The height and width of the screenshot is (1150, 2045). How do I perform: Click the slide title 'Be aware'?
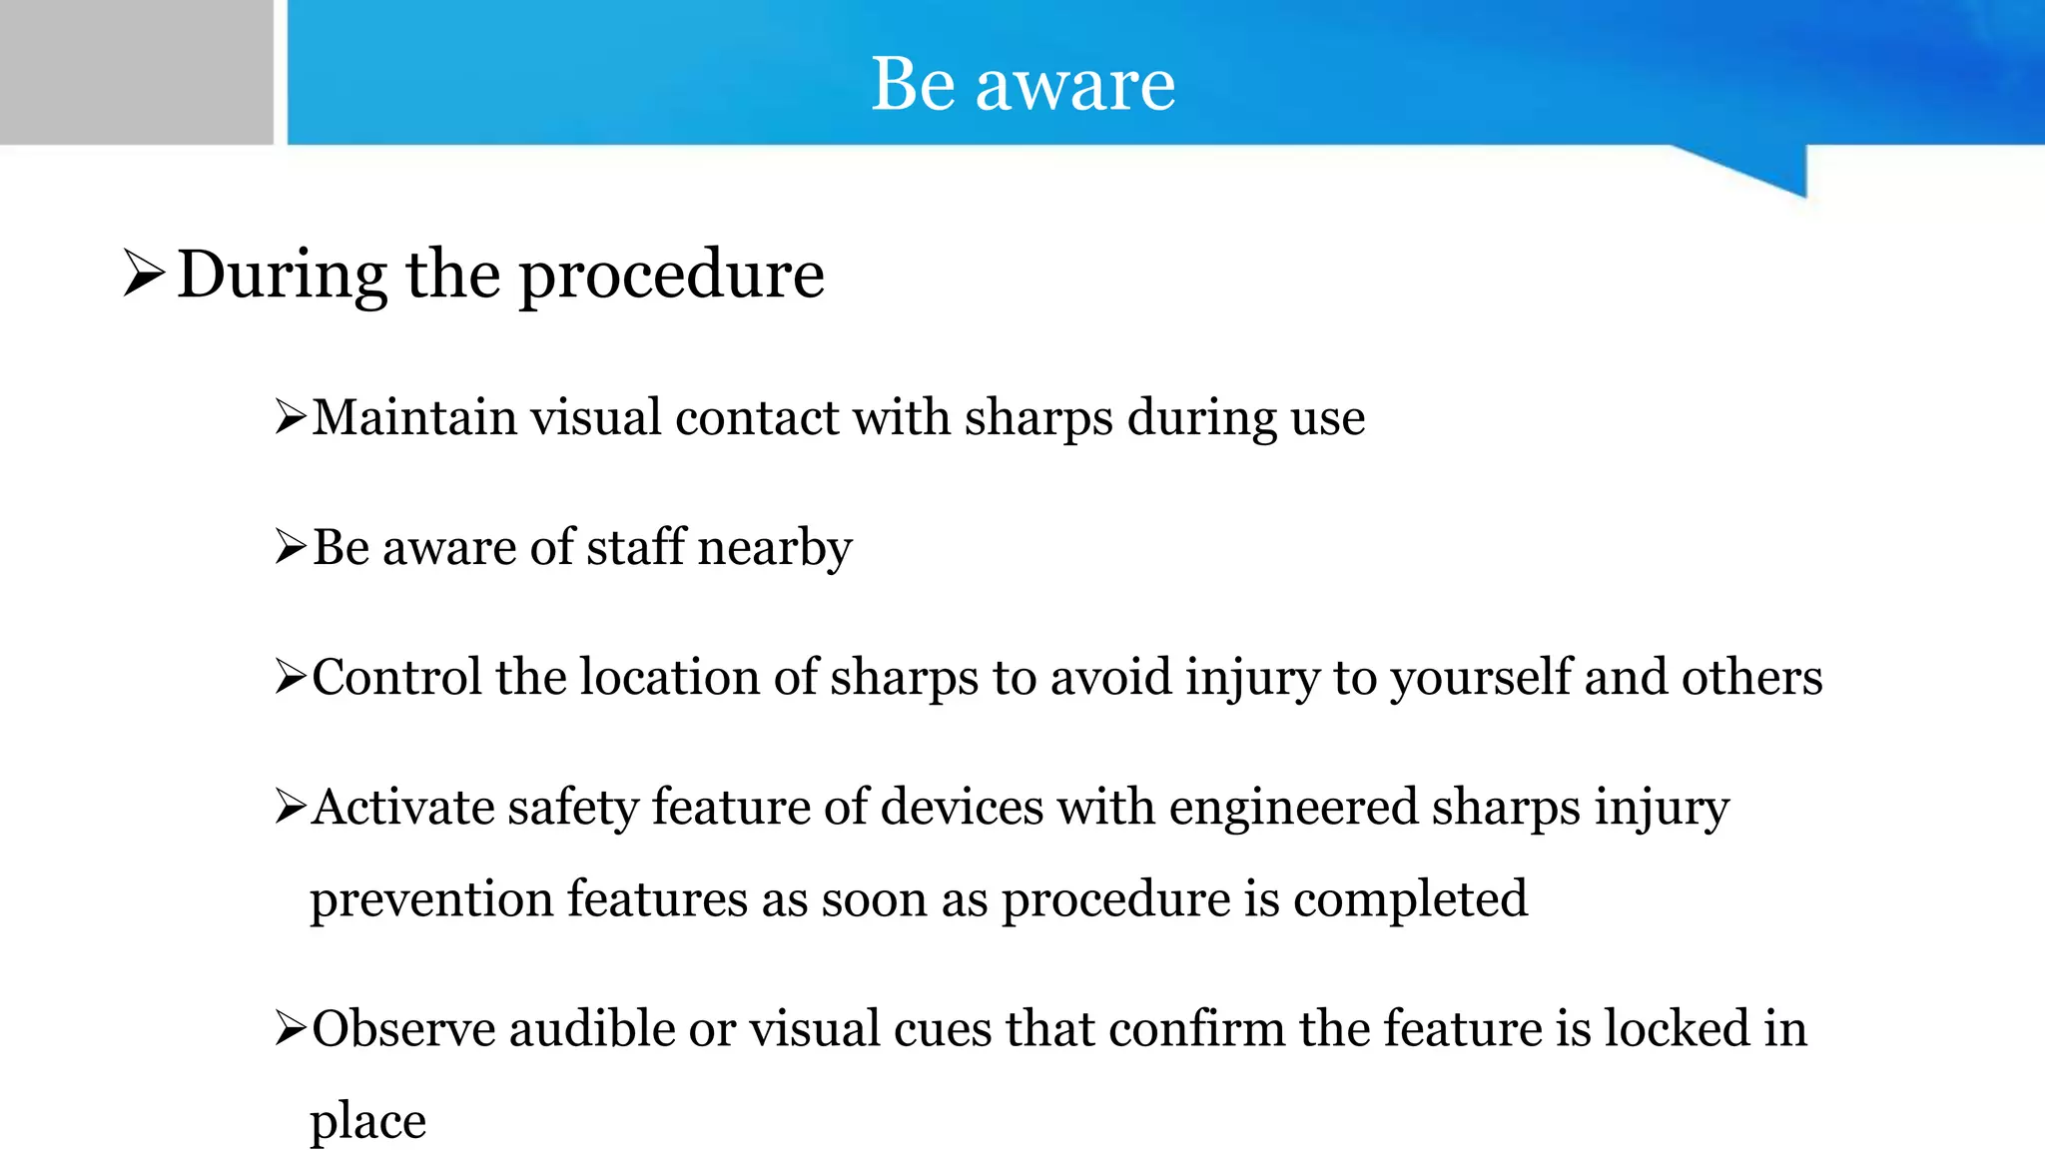(1022, 84)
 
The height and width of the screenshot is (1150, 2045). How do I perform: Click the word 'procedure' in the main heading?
(671, 276)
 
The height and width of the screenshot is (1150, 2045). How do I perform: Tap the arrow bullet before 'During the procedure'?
(144, 274)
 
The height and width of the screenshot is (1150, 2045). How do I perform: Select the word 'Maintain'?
(413, 417)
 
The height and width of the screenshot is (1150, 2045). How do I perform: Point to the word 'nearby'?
(774, 548)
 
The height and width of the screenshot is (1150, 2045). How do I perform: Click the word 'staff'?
(636, 547)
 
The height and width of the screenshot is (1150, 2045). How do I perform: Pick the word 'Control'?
(396, 677)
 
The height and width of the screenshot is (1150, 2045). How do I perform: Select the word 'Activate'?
(402, 807)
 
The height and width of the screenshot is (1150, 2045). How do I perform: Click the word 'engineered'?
(1293, 809)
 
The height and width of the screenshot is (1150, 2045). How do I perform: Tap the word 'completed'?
(1410, 899)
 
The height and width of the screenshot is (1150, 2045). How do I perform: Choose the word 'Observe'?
(403, 1028)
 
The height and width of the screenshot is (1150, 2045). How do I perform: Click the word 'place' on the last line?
(367, 1122)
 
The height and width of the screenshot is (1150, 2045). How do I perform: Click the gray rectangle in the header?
(136, 72)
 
